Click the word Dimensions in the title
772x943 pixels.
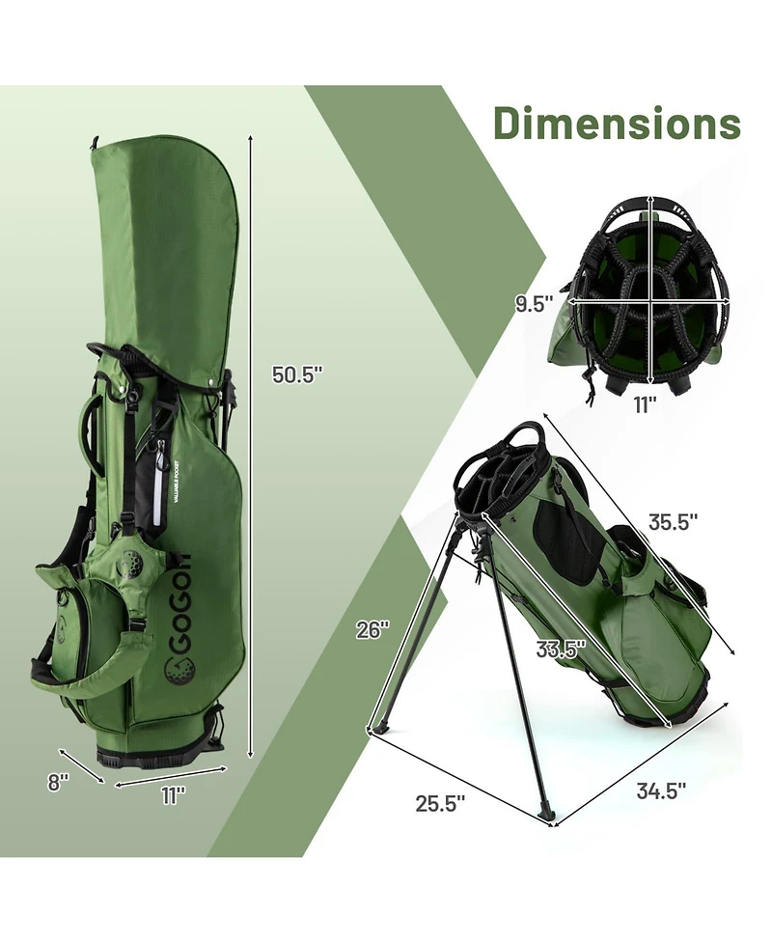pyautogui.click(x=617, y=124)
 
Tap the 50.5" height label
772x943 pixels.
pyautogui.click(x=296, y=375)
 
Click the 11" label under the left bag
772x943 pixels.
pyautogui.click(x=173, y=794)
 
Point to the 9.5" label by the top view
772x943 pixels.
pyautogui.click(x=532, y=303)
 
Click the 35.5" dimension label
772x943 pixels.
pyautogui.click(x=673, y=522)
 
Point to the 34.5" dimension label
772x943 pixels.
pyautogui.click(x=660, y=790)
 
